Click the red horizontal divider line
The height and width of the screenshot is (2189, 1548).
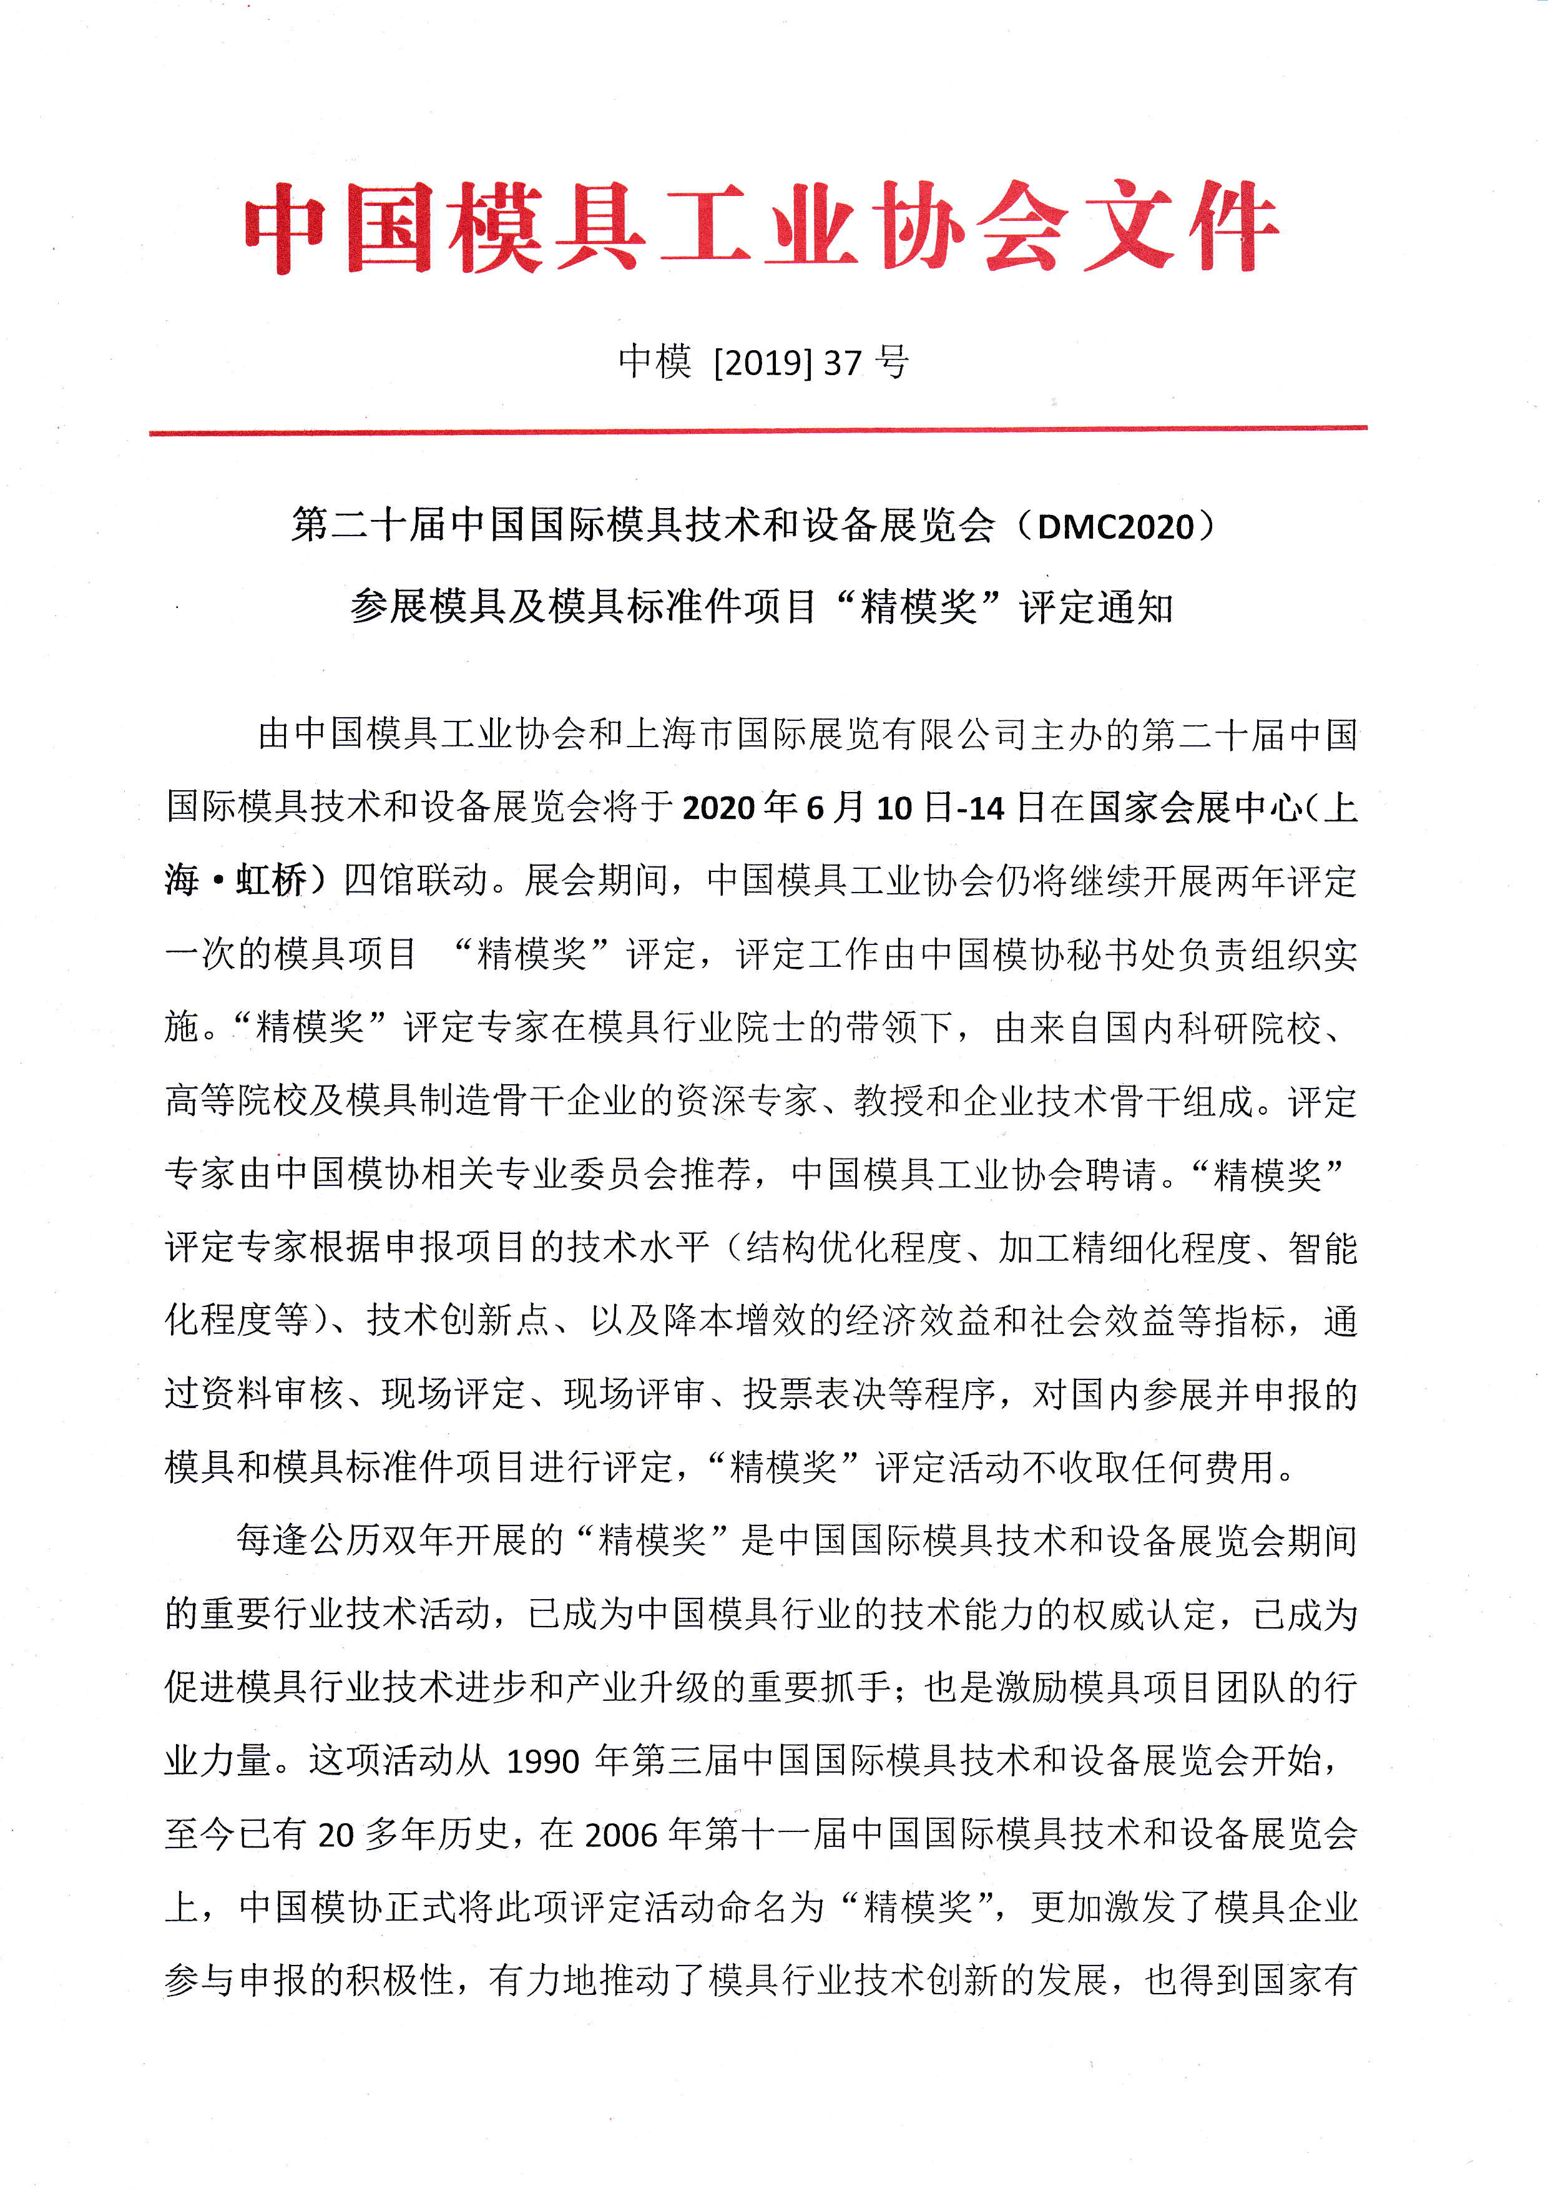click(758, 431)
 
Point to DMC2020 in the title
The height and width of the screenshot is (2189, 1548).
click(1115, 526)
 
